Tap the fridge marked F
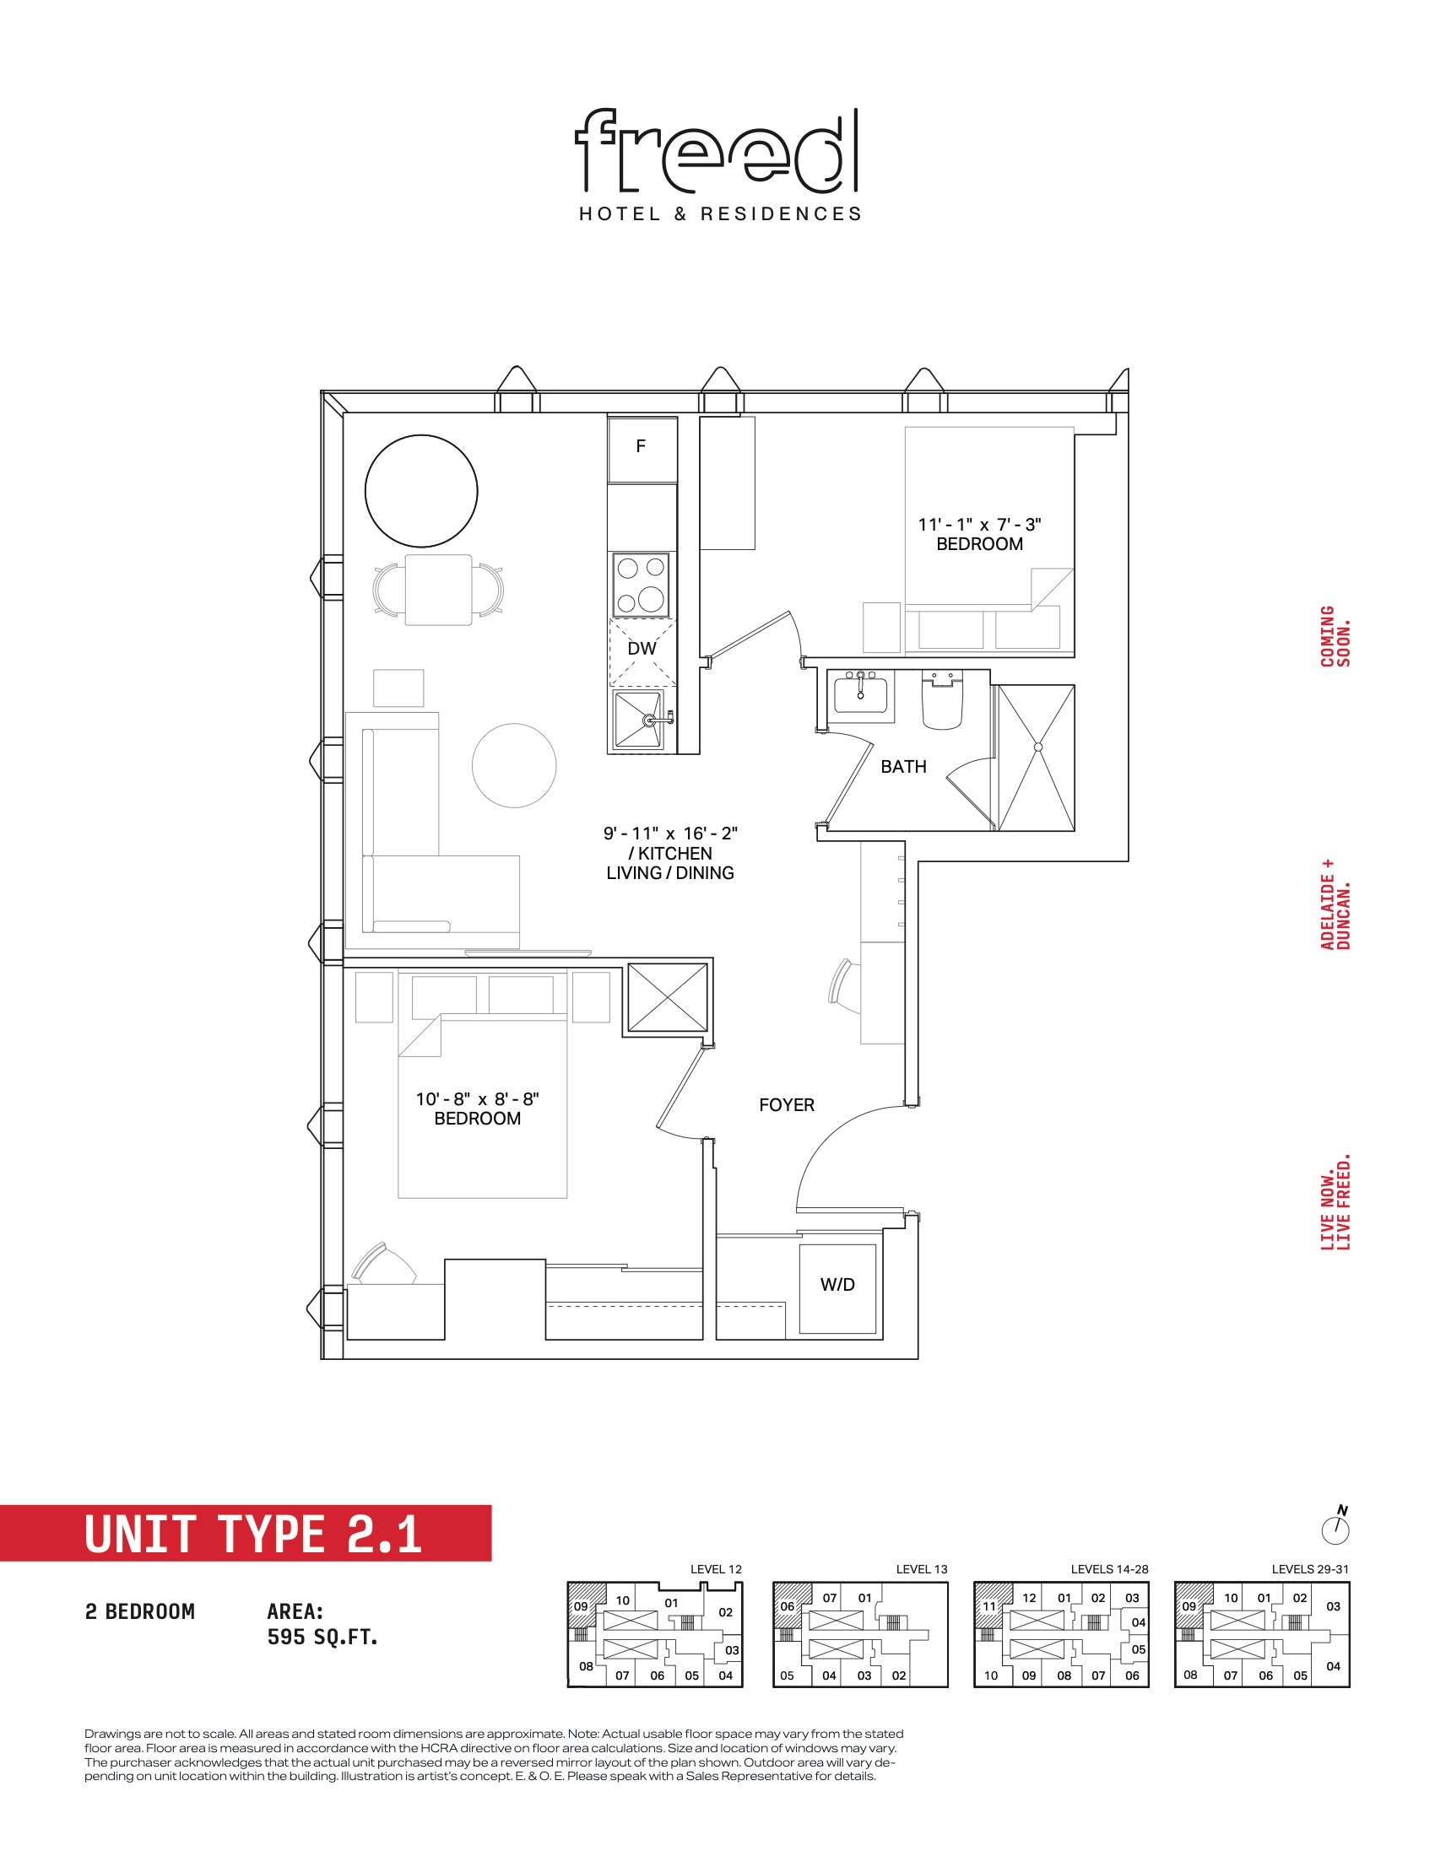click(642, 450)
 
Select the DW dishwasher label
click(642, 649)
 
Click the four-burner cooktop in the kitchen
click(641, 585)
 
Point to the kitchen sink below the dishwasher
click(638, 720)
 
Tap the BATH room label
click(903, 767)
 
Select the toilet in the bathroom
click(942, 700)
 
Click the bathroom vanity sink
click(860, 693)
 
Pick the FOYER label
click(787, 1105)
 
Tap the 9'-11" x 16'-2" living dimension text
click(670, 834)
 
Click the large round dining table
click(421, 491)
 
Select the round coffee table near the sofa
click(514, 766)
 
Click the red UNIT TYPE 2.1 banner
click(246, 1533)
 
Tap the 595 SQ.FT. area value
click(322, 1637)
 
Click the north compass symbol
click(1335, 1527)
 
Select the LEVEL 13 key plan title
click(922, 1569)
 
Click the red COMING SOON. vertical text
click(1335, 636)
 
